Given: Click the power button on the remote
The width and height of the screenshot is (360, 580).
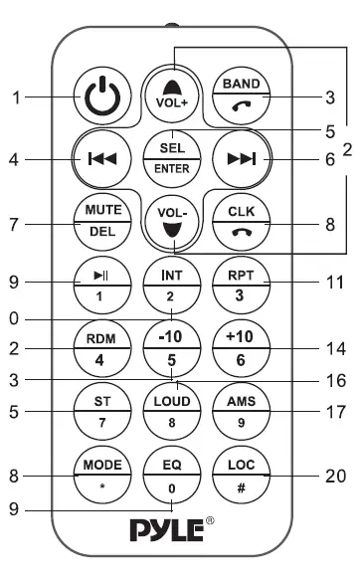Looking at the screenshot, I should tap(99, 97).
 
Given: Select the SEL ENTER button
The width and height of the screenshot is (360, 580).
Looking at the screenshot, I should tap(170, 156).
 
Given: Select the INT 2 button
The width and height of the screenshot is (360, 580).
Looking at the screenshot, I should tap(170, 284).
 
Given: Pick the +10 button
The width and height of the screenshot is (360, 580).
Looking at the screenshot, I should tap(239, 349).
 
